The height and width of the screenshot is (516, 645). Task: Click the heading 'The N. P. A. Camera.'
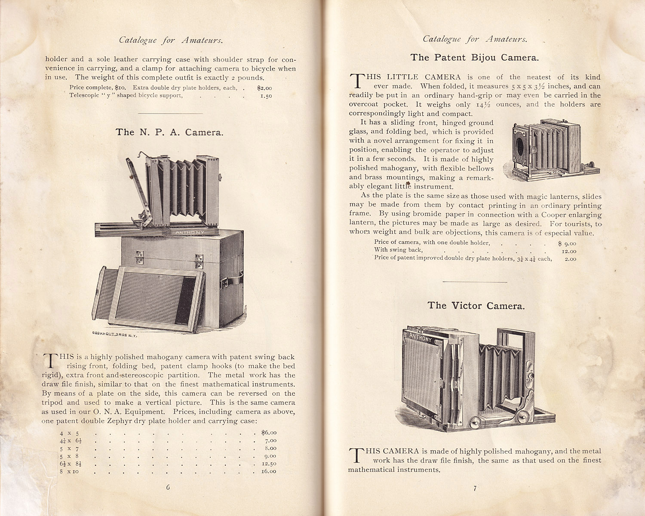pyautogui.click(x=169, y=132)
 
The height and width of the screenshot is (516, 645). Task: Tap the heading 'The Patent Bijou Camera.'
pyautogui.click(x=474, y=58)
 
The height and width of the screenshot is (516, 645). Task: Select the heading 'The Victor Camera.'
pyautogui.click(x=476, y=306)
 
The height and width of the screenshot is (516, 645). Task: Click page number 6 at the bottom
pyautogui.click(x=168, y=487)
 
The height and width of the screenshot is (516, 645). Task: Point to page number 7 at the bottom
pyautogui.click(x=475, y=488)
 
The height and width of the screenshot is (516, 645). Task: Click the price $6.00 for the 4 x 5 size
pyautogui.click(x=269, y=433)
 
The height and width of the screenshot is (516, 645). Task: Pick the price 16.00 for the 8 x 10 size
pyautogui.click(x=269, y=471)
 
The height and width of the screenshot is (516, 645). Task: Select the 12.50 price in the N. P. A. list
pyautogui.click(x=269, y=464)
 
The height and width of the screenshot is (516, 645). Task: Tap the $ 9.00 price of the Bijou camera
pyautogui.click(x=567, y=243)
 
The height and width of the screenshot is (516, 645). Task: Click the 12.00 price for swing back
pyautogui.click(x=569, y=251)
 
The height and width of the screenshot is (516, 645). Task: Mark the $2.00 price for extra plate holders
pyautogui.click(x=264, y=88)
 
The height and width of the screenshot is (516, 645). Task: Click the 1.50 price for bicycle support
pyautogui.click(x=266, y=96)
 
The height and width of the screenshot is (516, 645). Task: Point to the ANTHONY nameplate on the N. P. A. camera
pyautogui.click(x=190, y=232)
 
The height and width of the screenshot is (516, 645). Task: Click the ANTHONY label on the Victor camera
pyautogui.click(x=420, y=338)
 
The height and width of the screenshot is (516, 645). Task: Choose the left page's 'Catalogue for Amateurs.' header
pyautogui.click(x=171, y=40)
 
